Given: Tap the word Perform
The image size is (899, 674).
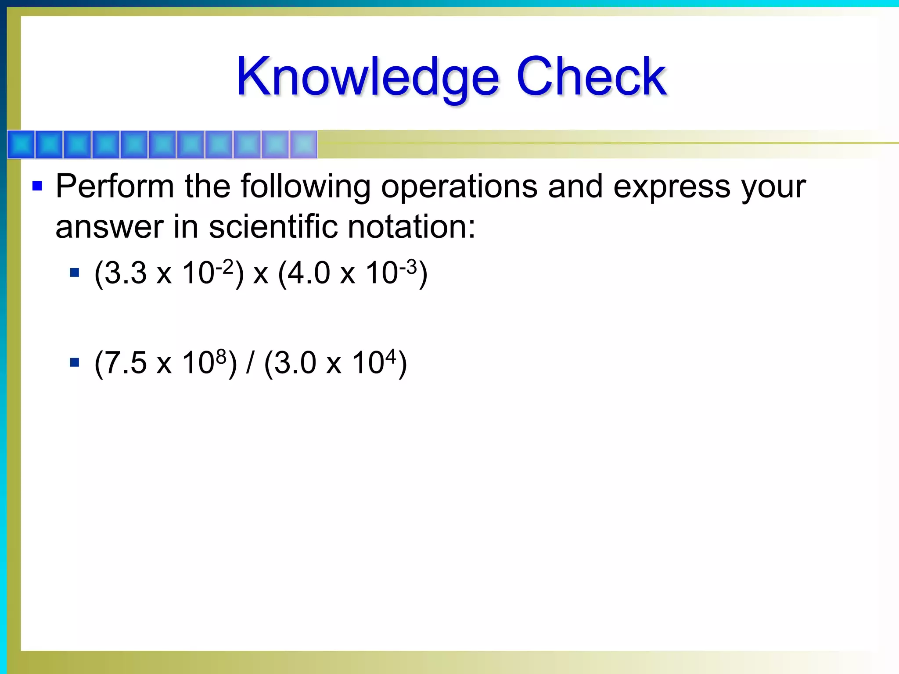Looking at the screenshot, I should click(115, 186).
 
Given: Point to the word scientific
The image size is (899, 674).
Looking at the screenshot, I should click(273, 227).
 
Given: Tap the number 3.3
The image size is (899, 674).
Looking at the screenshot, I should click(126, 273).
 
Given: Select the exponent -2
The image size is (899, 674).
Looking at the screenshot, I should click(224, 266).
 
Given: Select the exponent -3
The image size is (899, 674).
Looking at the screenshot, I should click(408, 266).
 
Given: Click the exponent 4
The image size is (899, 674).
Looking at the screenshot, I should click(391, 356).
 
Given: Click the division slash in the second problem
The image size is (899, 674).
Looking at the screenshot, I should click(250, 363).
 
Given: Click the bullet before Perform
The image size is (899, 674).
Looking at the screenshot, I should click(37, 186).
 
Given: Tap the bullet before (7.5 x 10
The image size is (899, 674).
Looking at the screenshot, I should click(75, 362).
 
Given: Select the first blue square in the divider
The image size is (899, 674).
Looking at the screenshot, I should click(21, 144).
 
